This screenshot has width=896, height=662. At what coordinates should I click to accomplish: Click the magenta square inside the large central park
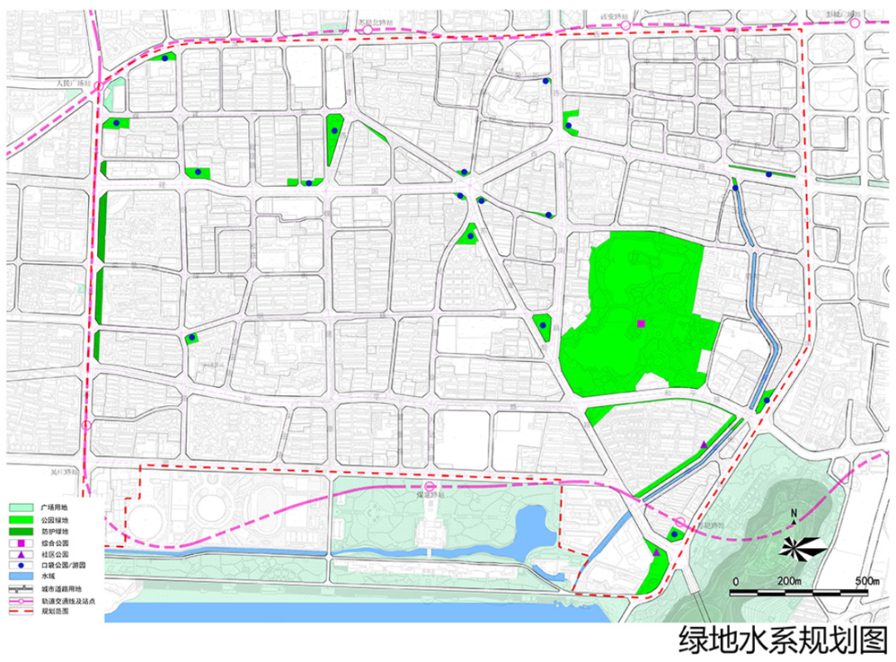pos(641,323)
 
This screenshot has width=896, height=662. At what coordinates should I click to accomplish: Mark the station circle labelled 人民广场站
pos(98,86)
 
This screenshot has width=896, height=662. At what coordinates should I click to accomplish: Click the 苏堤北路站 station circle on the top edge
pos(367,29)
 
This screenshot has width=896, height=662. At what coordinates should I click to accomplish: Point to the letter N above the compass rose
pos(794,514)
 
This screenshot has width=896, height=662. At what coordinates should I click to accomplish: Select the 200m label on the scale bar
pos(789,579)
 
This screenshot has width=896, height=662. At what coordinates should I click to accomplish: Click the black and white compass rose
pos(800,546)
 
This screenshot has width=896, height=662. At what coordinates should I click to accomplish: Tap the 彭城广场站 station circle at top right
pos(855,23)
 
